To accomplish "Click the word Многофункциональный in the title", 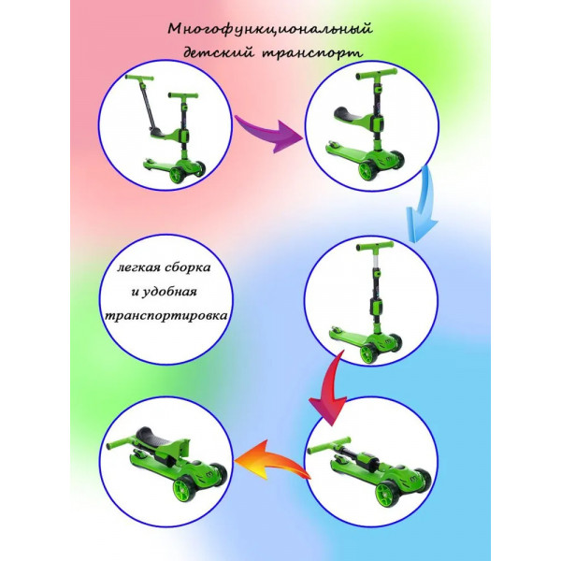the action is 270,30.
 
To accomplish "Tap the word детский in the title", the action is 218,53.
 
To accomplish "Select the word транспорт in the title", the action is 313,53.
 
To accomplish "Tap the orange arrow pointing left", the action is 272,462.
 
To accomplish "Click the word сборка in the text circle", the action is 188,267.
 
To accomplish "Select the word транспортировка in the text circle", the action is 165,316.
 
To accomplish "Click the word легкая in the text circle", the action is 138,268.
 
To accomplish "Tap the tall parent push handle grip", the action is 139,78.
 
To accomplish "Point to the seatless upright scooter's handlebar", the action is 376,247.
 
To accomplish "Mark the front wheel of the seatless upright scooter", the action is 368,353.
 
